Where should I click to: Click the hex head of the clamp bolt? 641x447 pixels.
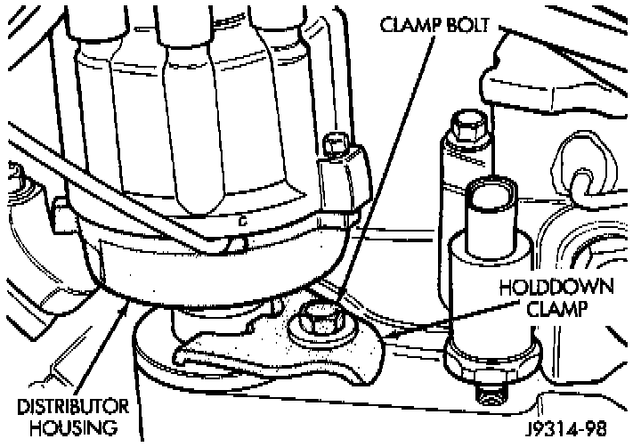tap(316, 319)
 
